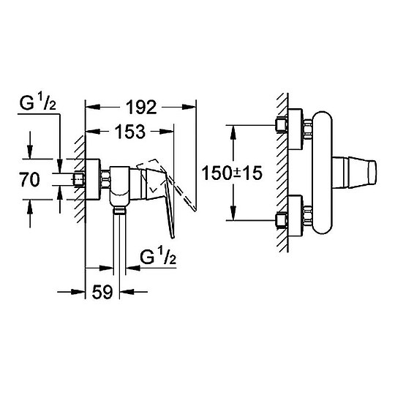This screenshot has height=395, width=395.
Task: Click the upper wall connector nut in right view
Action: tap(280, 126)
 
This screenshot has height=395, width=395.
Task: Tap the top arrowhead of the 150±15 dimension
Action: tap(233, 129)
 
